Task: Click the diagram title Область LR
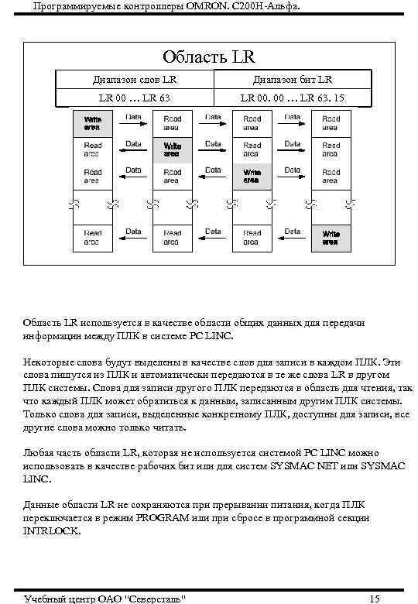point(208,57)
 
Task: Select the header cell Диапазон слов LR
point(135,80)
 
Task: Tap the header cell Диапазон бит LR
point(292,80)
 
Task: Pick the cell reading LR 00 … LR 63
point(135,98)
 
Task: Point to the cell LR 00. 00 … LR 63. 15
point(292,98)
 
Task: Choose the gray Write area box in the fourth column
point(331,238)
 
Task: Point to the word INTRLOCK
point(50,531)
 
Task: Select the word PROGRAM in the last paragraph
point(161,517)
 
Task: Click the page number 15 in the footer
point(375,598)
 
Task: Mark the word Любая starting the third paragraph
point(39,451)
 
